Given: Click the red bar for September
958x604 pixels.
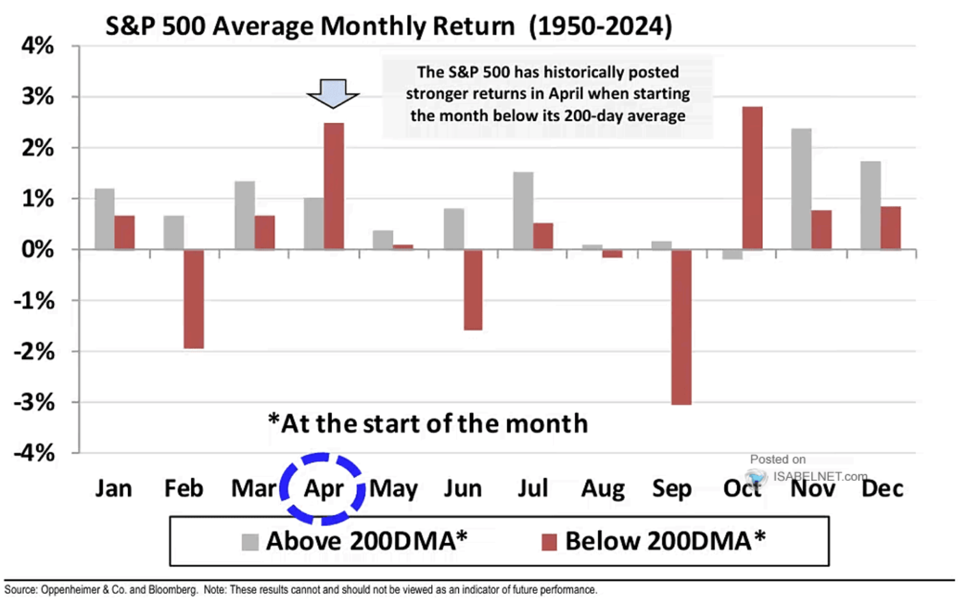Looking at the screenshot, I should pos(681,327).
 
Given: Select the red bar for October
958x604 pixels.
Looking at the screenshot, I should pos(752,178).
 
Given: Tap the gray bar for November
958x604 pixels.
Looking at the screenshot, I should pos(801,189).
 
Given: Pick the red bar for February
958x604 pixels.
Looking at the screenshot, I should pos(194,299).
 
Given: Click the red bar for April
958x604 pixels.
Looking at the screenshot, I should pos(334,186).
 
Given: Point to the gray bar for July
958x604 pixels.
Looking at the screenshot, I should pos(523,211).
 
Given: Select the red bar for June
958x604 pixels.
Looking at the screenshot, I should pos(473,290).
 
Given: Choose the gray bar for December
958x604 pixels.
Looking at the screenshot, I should pos(871,205).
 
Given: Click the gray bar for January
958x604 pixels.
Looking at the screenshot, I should pos(105,219).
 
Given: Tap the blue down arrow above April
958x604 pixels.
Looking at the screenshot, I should pos(333,93).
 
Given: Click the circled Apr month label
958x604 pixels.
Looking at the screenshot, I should pos(324,488).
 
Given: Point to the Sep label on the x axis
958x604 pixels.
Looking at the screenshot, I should pos(672,488).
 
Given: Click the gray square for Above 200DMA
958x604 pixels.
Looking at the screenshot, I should pos(250,542).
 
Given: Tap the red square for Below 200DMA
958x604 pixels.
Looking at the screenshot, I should pos(549,542).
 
